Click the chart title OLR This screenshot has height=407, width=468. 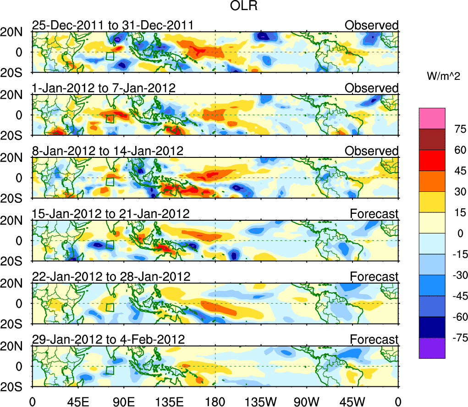click(x=241, y=6)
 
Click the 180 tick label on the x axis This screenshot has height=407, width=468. click(x=215, y=401)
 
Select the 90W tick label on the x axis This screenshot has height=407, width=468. click(x=307, y=401)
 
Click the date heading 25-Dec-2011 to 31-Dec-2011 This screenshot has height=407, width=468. click(x=112, y=25)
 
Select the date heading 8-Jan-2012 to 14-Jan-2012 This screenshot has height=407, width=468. click(x=107, y=151)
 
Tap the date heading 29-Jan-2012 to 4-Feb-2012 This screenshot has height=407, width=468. click(x=108, y=340)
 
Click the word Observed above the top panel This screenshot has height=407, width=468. click(x=371, y=25)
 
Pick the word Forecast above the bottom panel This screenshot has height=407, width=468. click(x=374, y=340)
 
